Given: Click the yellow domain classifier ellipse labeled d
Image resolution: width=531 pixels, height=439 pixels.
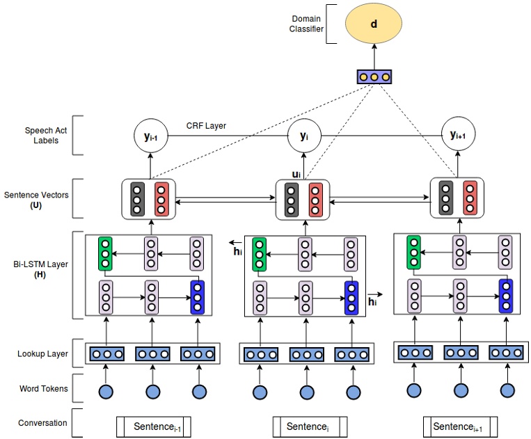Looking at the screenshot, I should coord(374,24).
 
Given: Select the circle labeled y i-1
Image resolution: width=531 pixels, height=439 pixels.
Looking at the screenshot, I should coord(151,136).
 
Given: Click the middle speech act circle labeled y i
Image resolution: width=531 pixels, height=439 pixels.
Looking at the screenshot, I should coord(303,136).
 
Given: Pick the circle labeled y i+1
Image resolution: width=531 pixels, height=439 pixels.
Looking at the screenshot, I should coord(458,136).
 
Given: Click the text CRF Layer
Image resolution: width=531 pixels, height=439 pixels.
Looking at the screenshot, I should coord(207,126).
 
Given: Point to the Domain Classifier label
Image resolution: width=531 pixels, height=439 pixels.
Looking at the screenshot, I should coord(307,23).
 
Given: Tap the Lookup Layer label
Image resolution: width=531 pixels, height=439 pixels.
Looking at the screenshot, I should coord(43,353).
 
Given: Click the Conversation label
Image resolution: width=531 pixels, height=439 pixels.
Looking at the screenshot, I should coord(43,422).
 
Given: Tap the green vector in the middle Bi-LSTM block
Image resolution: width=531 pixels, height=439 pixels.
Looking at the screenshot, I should coord(260,254).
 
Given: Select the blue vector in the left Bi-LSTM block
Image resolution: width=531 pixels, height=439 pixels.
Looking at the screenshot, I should coord(197,297).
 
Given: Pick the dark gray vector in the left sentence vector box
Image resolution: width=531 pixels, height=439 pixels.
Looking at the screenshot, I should coord(137,199).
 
